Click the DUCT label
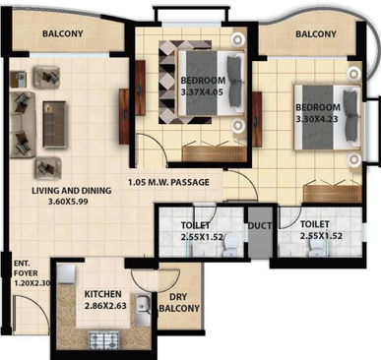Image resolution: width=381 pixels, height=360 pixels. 260,226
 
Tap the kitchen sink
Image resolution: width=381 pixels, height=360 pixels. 144,305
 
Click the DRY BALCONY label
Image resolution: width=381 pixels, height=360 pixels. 179,302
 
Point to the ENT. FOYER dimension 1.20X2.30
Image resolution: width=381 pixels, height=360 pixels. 32,282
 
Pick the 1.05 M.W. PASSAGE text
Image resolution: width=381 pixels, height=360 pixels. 168,182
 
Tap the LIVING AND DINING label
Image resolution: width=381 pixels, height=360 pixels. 72,191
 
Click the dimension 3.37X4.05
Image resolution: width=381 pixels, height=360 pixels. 202,92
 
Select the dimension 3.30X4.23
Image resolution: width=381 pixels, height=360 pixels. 317,119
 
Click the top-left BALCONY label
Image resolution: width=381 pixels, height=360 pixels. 63,33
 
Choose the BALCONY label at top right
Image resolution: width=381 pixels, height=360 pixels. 316,34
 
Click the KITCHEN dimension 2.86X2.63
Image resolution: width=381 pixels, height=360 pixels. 105,306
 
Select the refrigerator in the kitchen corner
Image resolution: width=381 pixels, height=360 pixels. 66,274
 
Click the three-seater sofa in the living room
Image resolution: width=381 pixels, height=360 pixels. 21,125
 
